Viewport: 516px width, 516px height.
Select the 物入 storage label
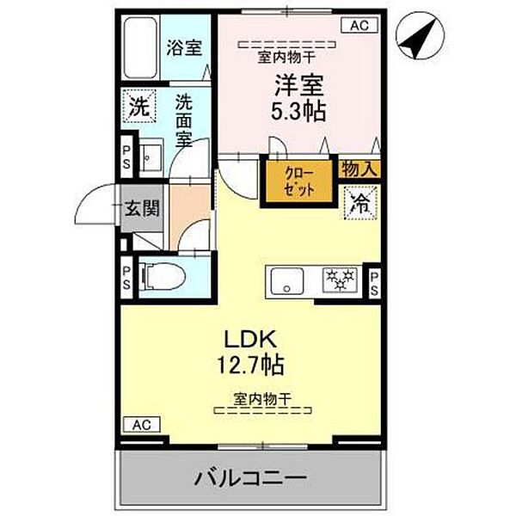point(359,169)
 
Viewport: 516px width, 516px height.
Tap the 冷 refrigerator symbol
point(359,203)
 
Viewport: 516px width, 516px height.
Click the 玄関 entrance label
point(139,209)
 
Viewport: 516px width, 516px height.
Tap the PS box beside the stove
point(374,282)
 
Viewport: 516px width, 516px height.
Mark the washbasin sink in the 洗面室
point(150,157)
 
